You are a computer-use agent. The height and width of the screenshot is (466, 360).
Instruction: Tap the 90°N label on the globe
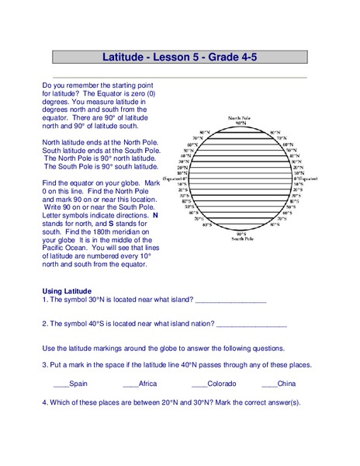tap(241, 123)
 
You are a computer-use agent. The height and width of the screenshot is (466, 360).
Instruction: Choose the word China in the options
tap(286, 384)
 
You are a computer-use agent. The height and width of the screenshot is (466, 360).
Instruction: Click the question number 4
tap(44, 402)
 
